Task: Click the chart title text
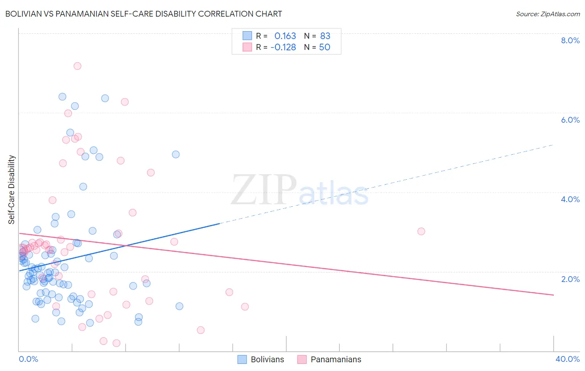144,14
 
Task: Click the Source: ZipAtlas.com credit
548,14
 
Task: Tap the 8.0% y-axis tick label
570,40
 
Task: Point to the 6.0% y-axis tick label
570,120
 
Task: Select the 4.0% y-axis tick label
570,199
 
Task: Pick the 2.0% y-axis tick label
570,279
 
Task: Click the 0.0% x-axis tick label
28,359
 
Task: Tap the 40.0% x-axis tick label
567,359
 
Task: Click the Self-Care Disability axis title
12,190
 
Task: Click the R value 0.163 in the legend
285,36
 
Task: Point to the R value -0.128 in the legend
283,47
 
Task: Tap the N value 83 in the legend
325,36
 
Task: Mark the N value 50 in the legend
325,47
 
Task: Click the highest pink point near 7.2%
77,66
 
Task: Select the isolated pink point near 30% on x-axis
421,231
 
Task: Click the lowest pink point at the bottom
117,343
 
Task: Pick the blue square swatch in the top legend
247,36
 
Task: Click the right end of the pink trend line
553,295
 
